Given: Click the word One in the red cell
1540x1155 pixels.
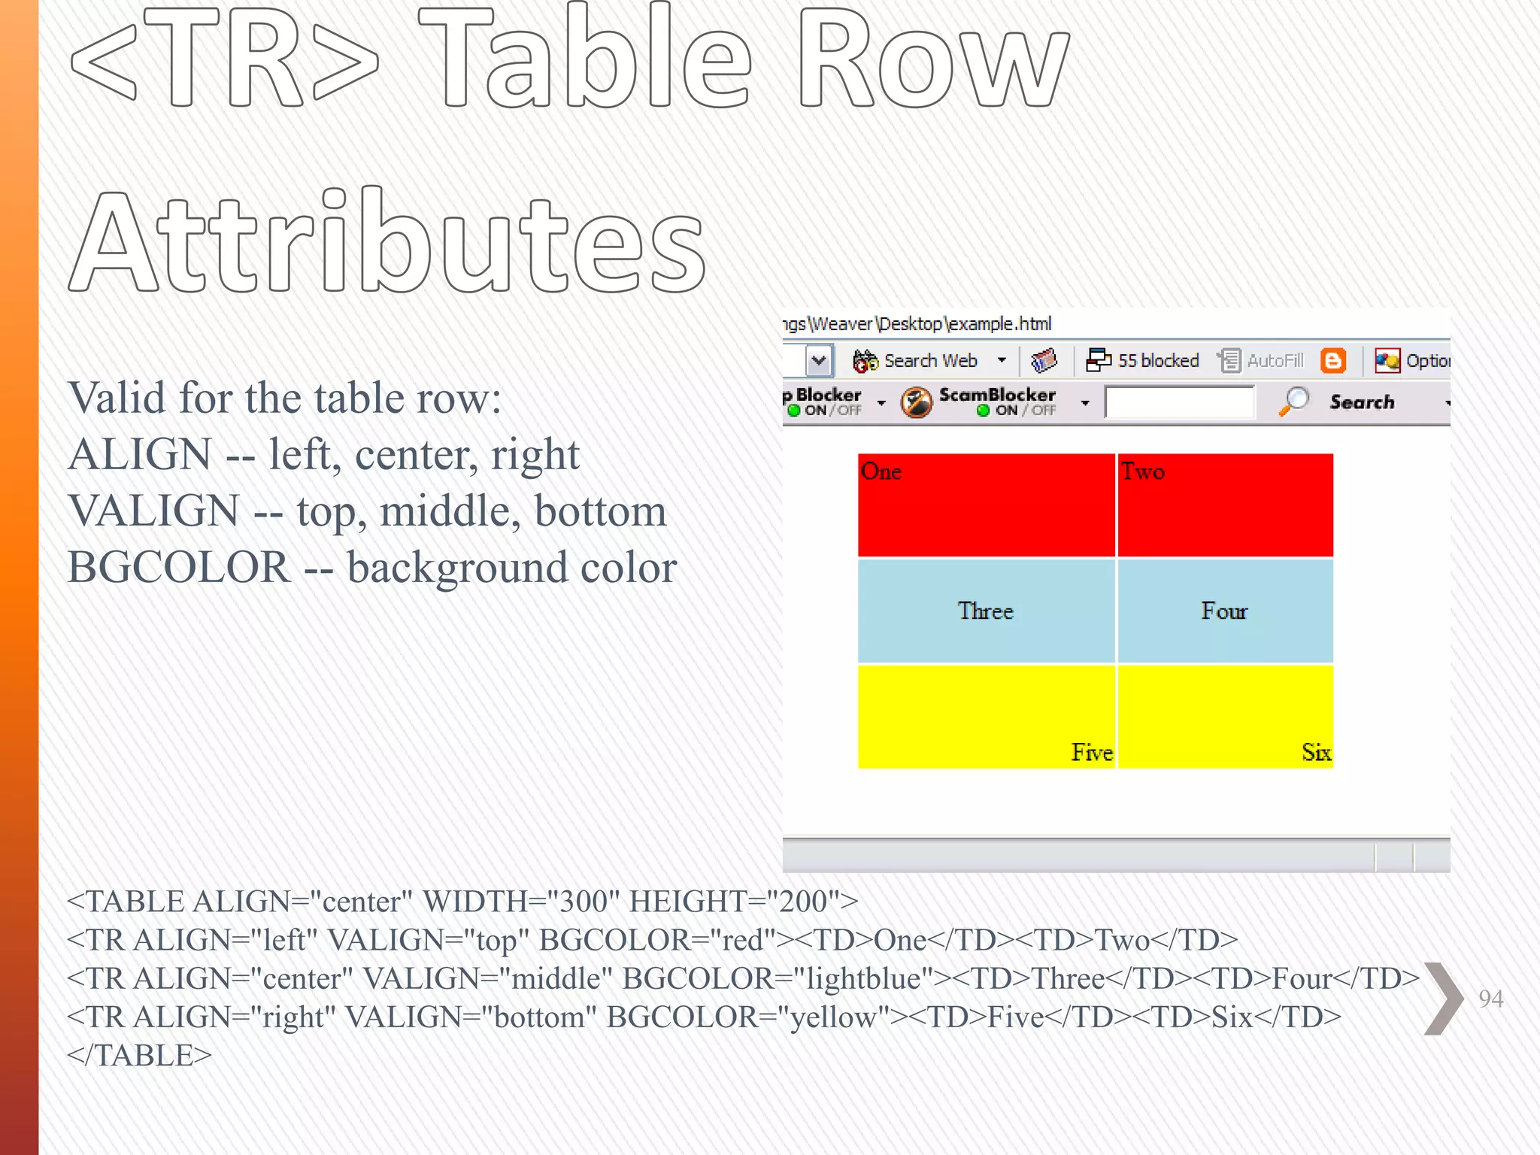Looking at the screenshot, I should pyautogui.click(x=881, y=471).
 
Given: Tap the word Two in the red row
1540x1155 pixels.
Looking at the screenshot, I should pyautogui.click(x=1142, y=471).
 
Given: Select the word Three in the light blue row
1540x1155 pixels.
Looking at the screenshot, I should pyautogui.click(x=985, y=611).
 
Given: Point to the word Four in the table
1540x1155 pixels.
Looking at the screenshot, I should pyautogui.click(x=1223, y=611).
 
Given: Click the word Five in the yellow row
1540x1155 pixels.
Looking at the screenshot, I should pyautogui.click(x=1091, y=752).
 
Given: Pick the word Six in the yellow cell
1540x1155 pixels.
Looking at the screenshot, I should pyautogui.click(x=1316, y=752).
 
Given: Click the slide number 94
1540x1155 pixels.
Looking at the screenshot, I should pyautogui.click(x=1490, y=999).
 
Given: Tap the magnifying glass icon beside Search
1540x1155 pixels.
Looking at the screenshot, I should pyautogui.click(x=1294, y=402).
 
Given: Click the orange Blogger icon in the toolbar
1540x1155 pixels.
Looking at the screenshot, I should pyautogui.click(x=1333, y=361).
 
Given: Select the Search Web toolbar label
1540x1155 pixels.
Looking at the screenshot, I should pyautogui.click(x=930, y=361).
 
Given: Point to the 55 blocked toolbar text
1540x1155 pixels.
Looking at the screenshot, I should pyautogui.click(x=1158, y=361).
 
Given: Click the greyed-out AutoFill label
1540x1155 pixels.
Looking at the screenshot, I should pyautogui.click(x=1275, y=361).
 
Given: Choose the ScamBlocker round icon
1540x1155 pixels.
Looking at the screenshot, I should pyautogui.click(x=917, y=402).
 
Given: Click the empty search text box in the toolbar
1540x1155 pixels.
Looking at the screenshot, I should pyautogui.click(x=1179, y=402).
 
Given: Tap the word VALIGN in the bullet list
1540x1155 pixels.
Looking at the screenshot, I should pyautogui.click(x=153, y=511).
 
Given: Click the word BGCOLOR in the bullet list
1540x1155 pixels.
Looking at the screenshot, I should pyautogui.click(x=178, y=568).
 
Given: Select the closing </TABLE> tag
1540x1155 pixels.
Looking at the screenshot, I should pyautogui.click(x=139, y=1056).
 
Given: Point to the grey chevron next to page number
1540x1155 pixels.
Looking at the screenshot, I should pyautogui.click(x=1443, y=999).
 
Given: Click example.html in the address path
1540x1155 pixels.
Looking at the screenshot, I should pyautogui.click(x=1000, y=324).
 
